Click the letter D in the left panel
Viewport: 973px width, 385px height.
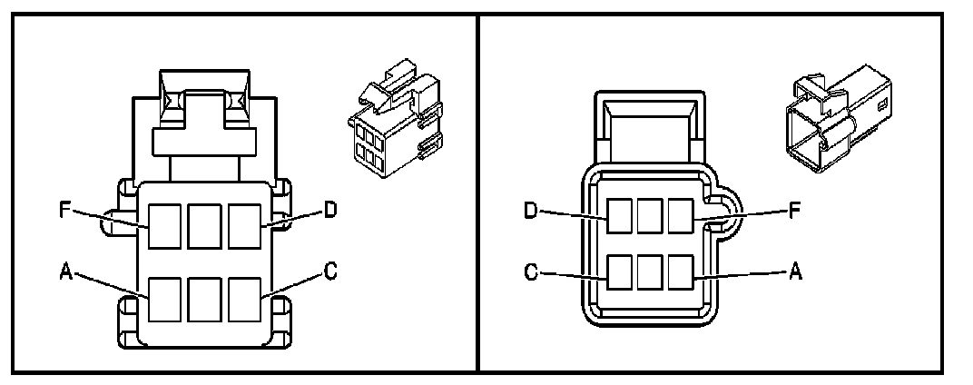coord(329,211)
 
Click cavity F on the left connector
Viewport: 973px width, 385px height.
coord(165,226)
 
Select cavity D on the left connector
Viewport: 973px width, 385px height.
coord(245,226)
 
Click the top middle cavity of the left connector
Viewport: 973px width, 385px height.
coord(205,226)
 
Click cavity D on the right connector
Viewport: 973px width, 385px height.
coord(620,215)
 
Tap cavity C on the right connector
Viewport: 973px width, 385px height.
coord(620,272)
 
